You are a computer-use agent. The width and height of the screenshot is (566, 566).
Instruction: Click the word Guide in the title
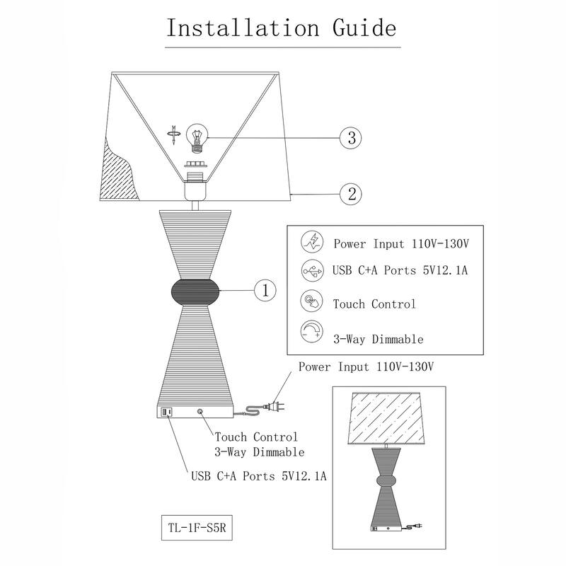point(360,28)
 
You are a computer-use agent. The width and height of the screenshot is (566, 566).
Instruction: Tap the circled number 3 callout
point(351,137)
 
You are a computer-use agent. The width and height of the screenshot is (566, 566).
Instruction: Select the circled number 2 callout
point(352,192)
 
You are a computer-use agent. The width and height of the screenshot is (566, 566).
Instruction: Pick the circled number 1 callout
point(265,290)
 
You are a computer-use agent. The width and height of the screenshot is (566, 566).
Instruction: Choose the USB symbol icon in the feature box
point(311,270)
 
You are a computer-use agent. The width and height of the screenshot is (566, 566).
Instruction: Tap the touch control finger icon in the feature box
point(311,302)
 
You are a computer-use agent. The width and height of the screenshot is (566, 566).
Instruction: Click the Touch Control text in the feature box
point(374,304)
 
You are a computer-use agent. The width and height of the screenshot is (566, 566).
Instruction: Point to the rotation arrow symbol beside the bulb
point(173,134)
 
